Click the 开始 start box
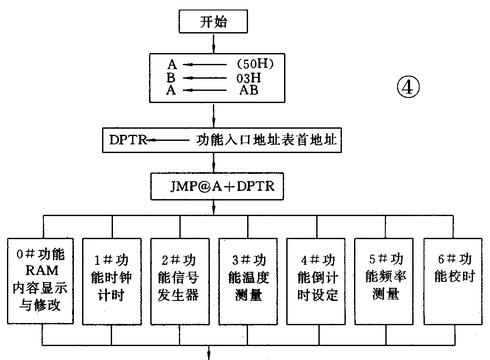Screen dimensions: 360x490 [213, 21]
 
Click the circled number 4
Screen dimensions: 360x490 [408, 88]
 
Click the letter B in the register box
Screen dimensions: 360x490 [172, 78]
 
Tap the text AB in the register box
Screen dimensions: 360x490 [249, 90]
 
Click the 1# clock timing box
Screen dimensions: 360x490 [112, 280]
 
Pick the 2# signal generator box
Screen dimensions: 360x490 [180, 280]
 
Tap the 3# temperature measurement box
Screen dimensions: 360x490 [248, 280]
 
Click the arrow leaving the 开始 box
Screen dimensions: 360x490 [213, 43]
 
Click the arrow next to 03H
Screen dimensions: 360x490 [204, 78]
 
